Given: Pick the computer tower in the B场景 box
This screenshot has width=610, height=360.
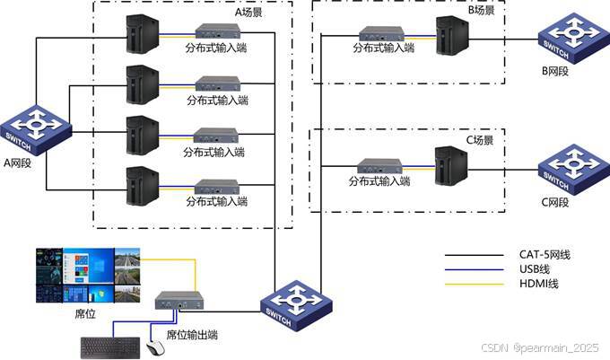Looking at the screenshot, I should (x=446, y=38).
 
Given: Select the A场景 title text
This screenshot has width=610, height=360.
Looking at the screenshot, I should (x=248, y=13).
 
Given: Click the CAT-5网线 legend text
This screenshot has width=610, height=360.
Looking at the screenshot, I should (x=545, y=255).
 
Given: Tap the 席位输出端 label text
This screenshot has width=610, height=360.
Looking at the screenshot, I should (x=192, y=335).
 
